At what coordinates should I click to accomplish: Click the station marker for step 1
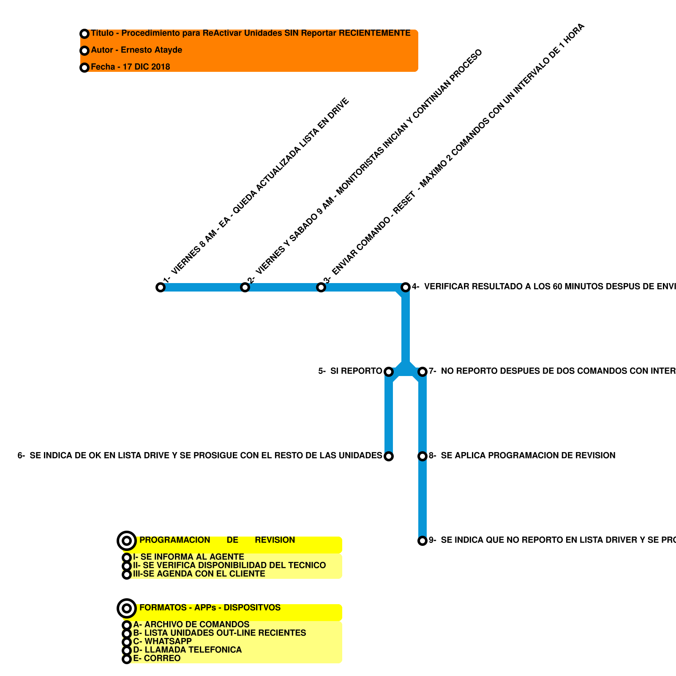click(161, 287)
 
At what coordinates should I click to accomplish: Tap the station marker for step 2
click(245, 287)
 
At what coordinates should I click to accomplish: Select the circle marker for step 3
click(321, 287)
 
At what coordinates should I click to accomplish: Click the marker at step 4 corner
click(406, 287)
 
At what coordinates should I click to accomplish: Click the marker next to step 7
click(422, 372)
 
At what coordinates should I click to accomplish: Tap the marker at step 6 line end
click(389, 456)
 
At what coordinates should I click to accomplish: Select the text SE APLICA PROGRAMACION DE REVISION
click(528, 455)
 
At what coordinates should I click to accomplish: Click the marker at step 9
click(422, 541)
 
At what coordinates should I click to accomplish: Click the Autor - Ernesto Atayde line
click(136, 50)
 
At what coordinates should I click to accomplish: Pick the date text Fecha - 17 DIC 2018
click(130, 67)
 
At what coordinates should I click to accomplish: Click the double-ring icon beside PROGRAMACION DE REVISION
click(127, 541)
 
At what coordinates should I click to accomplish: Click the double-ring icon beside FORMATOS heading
click(127, 609)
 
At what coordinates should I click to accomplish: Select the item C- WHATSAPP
click(162, 641)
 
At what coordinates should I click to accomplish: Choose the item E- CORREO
click(157, 658)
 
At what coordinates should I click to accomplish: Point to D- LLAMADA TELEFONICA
click(187, 650)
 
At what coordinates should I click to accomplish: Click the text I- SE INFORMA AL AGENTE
click(188, 557)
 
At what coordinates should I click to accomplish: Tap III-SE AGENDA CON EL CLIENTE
click(199, 574)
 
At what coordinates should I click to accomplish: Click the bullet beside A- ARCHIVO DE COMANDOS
click(127, 625)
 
